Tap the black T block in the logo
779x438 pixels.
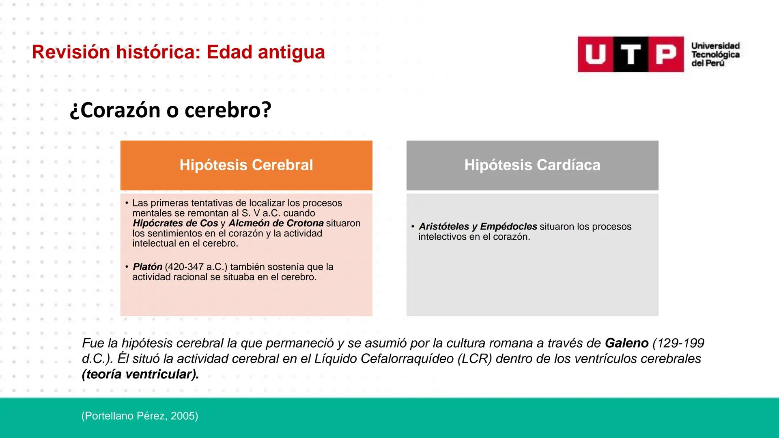tap(631, 54)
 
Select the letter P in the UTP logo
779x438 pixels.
tap(666, 54)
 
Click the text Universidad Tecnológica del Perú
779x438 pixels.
tap(715, 54)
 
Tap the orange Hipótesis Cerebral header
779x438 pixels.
tap(246, 165)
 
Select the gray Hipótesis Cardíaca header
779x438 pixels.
tap(532, 165)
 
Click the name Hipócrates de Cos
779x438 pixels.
tap(175, 223)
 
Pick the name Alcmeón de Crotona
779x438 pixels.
tap(276, 223)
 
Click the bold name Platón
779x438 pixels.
tap(148, 267)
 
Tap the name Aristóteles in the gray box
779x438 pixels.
tap(444, 227)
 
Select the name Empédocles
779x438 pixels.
tap(508, 227)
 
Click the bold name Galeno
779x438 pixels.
tap(626, 343)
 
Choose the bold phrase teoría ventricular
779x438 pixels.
tap(140, 374)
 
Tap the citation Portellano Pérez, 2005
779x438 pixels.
tap(140, 416)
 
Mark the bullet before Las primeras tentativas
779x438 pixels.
tap(127, 203)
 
